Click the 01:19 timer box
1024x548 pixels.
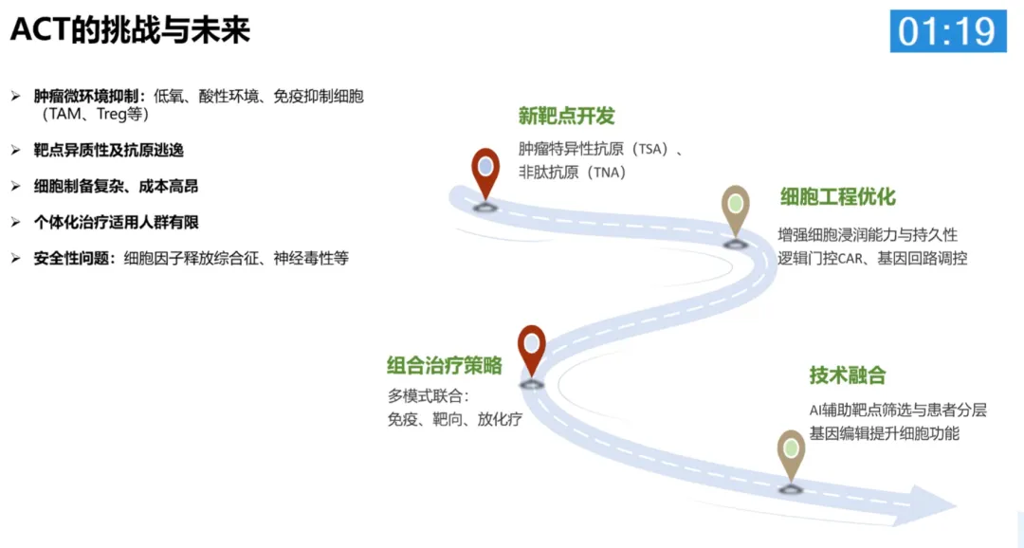(x=947, y=31)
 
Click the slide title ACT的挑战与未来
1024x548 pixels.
(x=130, y=30)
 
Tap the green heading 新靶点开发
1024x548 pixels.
(x=566, y=116)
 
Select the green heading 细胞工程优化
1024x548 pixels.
(x=837, y=197)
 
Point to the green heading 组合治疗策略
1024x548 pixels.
(x=444, y=366)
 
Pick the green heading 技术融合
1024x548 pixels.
(x=848, y=375)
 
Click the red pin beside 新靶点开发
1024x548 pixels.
(x=485, y=172)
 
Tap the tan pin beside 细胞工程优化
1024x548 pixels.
(x=735, y=209)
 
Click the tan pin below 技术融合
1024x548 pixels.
(x=790, y=453)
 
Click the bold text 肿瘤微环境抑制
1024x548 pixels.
(x=90, y=97)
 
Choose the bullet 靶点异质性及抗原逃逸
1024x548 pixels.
(x=109, y=150)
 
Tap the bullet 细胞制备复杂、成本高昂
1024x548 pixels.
(x=116, y=186)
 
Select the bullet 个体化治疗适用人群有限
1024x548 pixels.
(x=116, y=222)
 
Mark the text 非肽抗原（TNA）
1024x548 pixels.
(x=573, y=173)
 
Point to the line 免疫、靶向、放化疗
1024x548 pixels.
(x=454, y=419)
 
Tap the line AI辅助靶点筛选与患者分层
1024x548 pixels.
(x=898, y=410)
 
